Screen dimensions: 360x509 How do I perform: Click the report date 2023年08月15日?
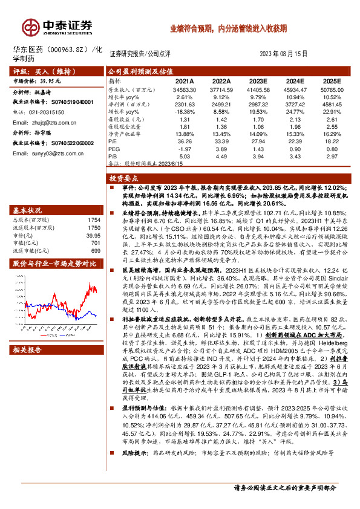[288, 53]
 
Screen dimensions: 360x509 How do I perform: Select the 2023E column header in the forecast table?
[257, 81]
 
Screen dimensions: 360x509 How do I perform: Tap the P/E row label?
[113, 141]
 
